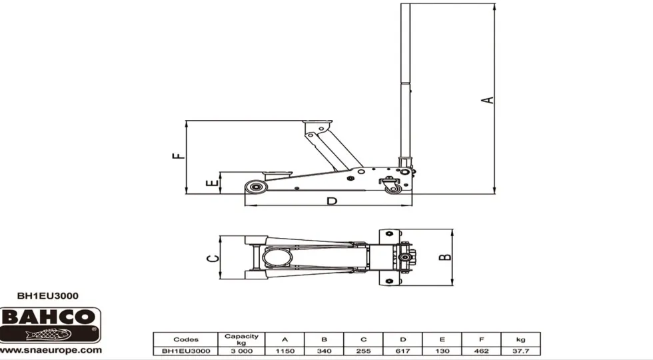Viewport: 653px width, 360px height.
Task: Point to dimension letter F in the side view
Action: pyautogui.click(x=179, y=156)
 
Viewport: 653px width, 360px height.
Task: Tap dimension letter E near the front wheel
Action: pyautogui.click(x=213, y=183)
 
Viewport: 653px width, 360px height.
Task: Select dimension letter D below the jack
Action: pyautogui.click(x=332, y=201)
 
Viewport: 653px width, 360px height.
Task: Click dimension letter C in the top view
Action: pyautogui.click(x=213, y=259)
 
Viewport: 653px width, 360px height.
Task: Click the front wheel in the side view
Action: pyautogui.click(x=255, y=187)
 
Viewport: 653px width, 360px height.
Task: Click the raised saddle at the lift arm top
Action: pyautogui.click(x=317, y=124)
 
